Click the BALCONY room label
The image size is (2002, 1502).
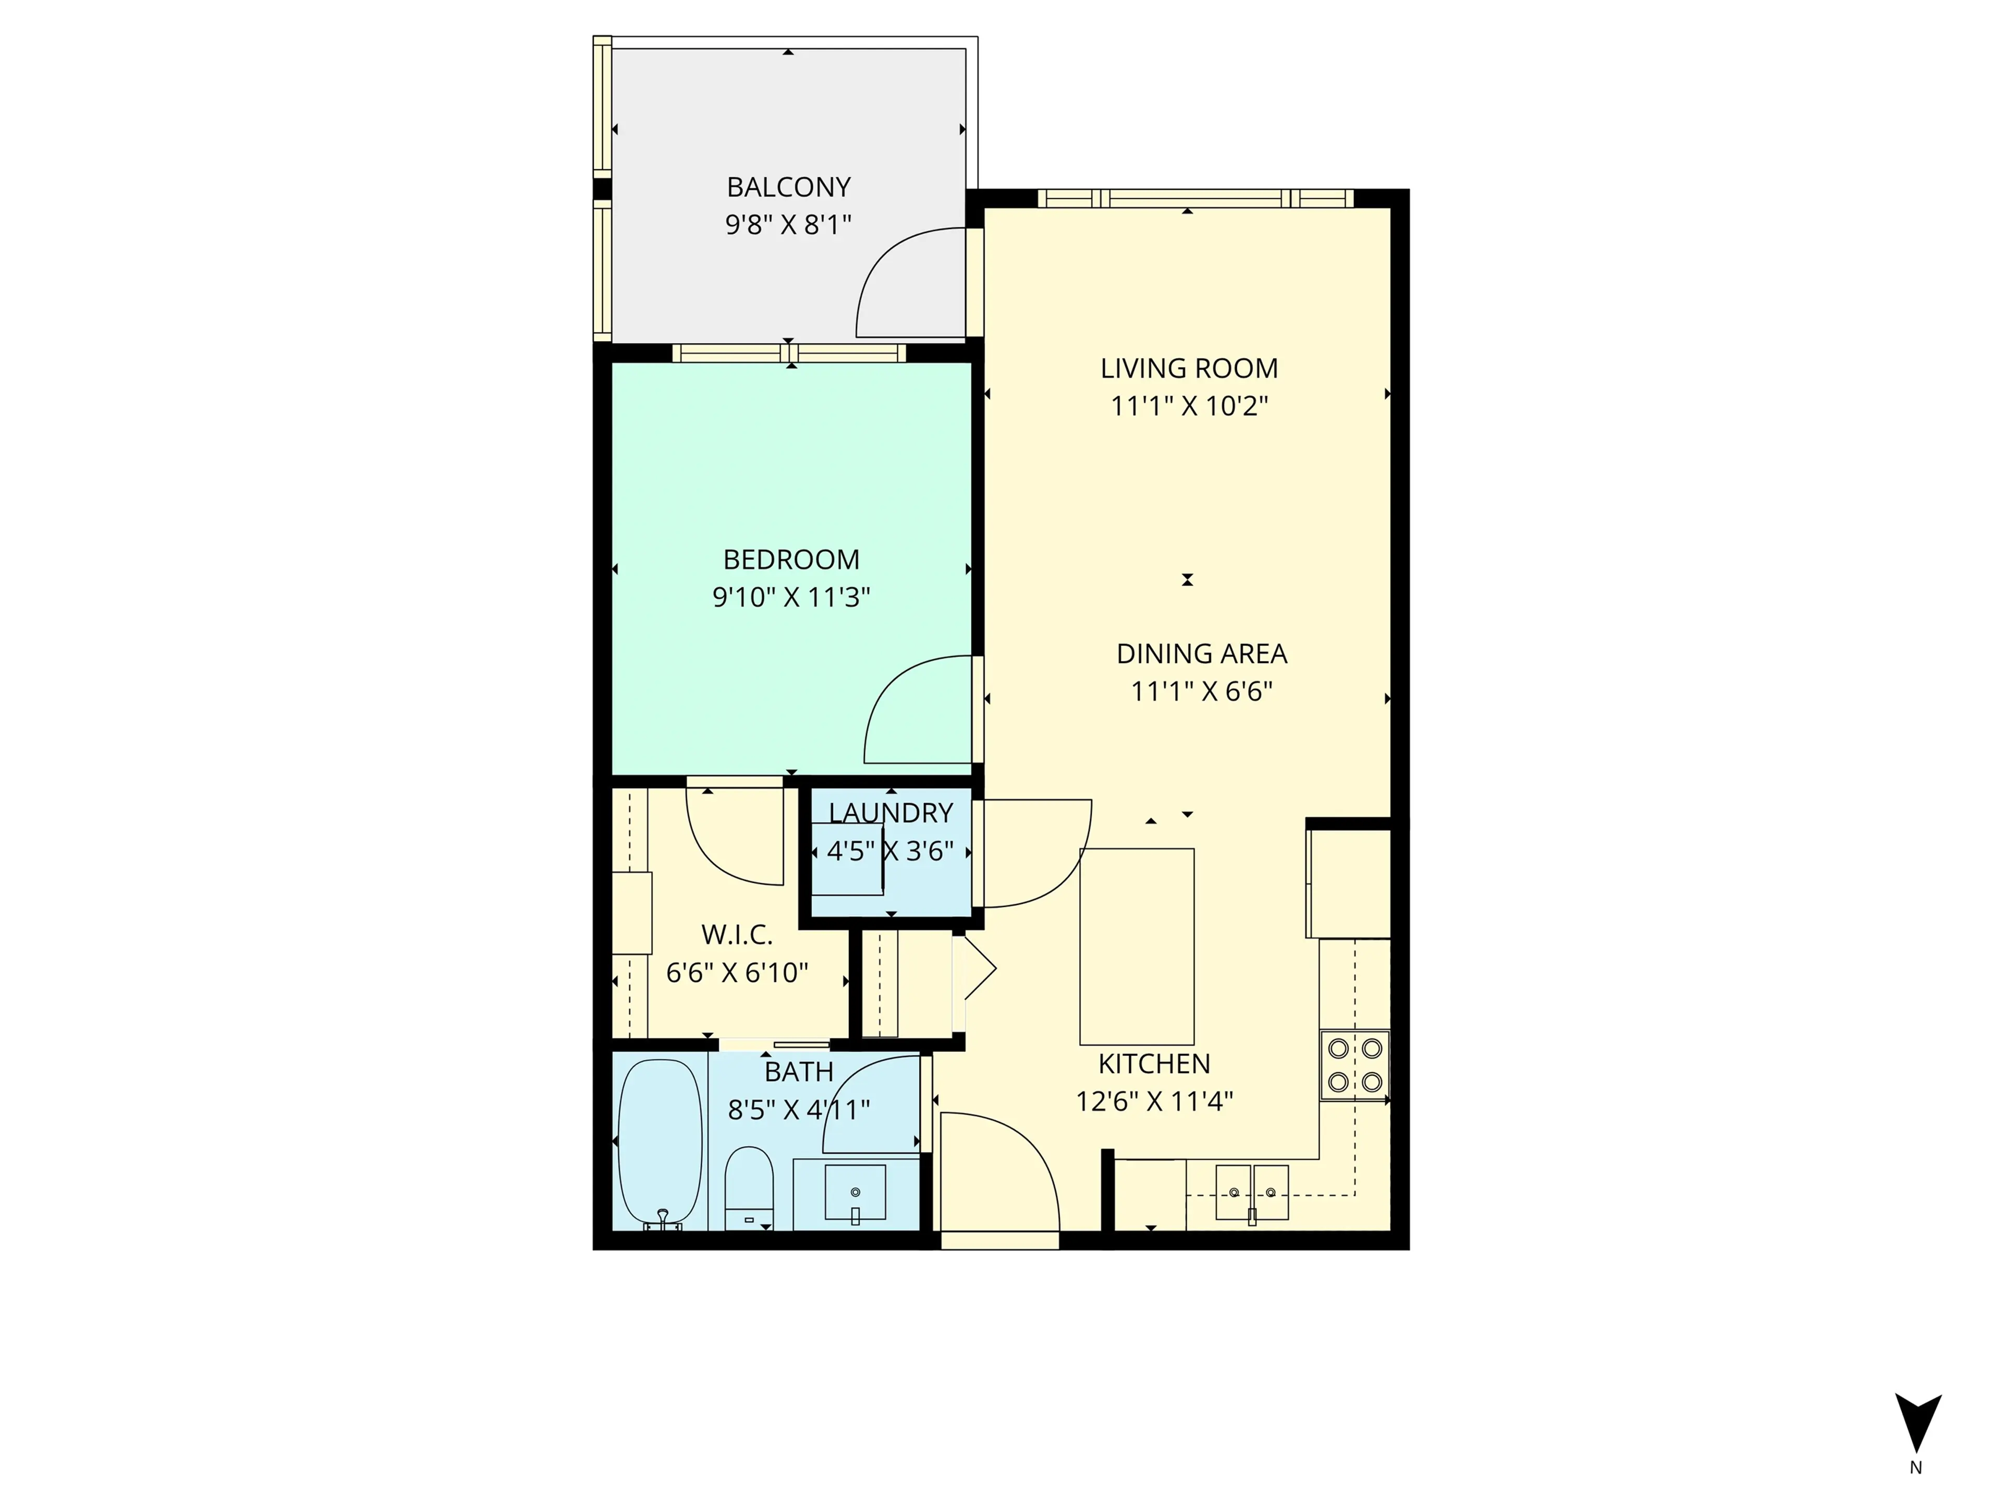(788, 187)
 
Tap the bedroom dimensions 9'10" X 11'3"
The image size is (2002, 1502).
(791, 598)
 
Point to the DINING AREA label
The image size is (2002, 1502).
(1201, 653)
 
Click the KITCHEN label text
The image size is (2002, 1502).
(1154, 1064)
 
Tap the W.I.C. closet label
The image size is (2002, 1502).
(737, 935)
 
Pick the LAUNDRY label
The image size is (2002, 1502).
(890, 813)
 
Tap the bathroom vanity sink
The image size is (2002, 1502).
(856, 1193)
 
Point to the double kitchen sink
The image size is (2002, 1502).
(1252, 1192)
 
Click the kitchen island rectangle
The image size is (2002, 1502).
(1137, 946)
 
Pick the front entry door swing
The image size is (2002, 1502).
(1005, 1168)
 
